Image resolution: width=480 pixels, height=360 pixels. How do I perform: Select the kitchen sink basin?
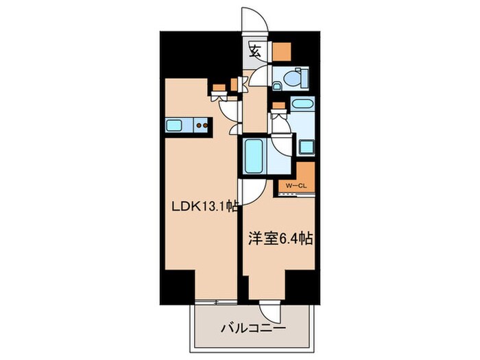tap(174, 125)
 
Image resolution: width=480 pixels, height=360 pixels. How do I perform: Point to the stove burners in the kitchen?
tap(202, 125)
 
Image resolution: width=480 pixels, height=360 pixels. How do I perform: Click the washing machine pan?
tap(306, 146)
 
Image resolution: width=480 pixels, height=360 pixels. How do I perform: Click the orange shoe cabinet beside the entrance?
tap(281, 51)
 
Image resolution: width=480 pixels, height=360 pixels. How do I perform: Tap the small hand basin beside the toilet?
tap(277, 86)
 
